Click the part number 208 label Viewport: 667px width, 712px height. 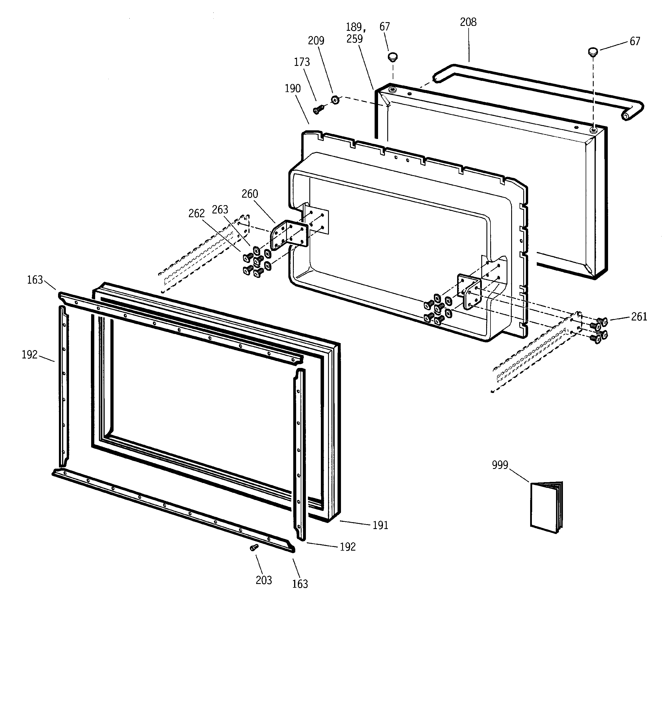(x=468, y=22)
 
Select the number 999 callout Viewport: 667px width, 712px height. (x=500, y=465)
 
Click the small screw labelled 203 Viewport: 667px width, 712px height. (x=254, y=547)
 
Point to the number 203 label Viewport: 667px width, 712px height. (x=264, y=580)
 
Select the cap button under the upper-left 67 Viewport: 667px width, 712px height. (x=393, y=57)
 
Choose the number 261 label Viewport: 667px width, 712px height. (x=639, y=317)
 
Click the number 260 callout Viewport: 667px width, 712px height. (x=250, y=194)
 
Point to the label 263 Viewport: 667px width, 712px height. (x=220, y=209)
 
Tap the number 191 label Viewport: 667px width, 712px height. (x=380, y=525)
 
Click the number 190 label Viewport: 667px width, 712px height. (x=292, y=89)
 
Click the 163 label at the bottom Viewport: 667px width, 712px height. (x=300, y=584)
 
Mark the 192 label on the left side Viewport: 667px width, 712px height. (x=29, y=355)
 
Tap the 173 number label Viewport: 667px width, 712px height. (x=302, y=62)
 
